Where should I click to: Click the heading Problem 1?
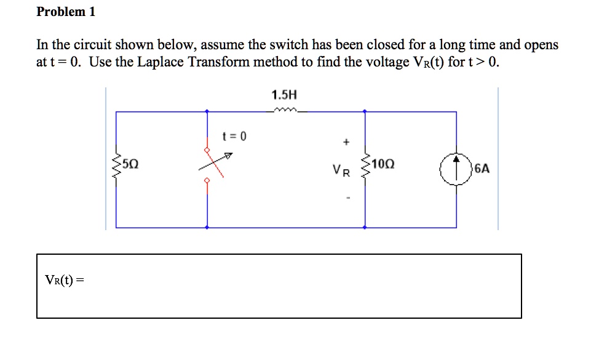(66, 12)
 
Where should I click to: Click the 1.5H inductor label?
(284, 95)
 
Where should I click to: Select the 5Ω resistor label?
(130, 164)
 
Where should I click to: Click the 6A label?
(482, 167)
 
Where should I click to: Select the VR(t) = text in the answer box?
(64, 281)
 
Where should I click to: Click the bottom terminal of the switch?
(207, 181)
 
